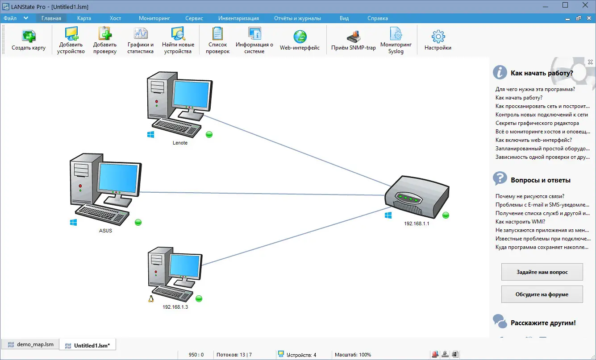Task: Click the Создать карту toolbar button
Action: [x=29, y=40]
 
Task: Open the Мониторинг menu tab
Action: [x=154, y=18]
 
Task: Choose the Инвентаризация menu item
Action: [x=238, y=18]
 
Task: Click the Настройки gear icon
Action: [x=438, y=37]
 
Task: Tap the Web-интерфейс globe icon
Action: [x=300, y=37]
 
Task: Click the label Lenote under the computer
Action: [x=180, y=143]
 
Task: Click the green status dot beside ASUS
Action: [x=138, y=222]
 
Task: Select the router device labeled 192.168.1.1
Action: [x=416, y=195]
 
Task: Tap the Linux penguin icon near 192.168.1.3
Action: [x=151, y=298]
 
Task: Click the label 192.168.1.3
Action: [x=175, y=307]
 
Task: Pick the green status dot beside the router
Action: [x=446, y=215]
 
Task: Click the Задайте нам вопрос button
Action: [x=542, y=272]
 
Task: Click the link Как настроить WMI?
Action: [x=520, y=222]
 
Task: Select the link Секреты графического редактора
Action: [x=537, y=123]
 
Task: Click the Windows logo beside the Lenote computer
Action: [x=151, y=134]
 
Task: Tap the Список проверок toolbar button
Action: [x=218, y=40]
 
